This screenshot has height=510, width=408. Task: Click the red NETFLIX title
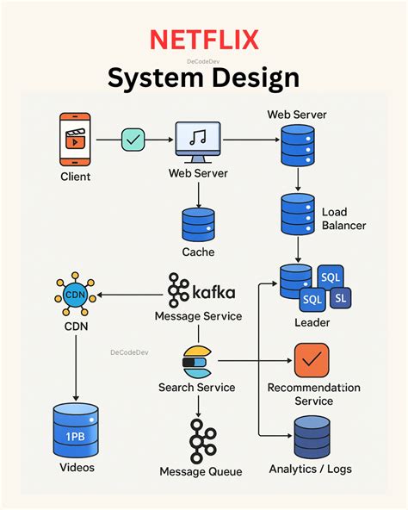203,40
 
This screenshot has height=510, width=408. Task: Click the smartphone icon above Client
76,139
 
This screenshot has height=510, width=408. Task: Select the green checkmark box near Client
133,139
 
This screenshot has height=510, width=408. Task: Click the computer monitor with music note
198,140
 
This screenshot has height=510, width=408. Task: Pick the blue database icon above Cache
198,225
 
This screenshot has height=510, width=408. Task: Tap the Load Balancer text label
343,219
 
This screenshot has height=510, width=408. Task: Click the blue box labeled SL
341,297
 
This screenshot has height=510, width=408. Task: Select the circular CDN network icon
75,296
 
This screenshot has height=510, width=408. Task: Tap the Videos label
77,468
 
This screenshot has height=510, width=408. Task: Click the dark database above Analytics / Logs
311,437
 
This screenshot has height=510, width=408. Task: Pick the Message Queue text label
201,472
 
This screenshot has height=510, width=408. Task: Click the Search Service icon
197,362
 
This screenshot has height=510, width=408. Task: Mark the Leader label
312,323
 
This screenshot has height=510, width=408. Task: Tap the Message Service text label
199,316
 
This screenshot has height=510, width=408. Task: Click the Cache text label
198,252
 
